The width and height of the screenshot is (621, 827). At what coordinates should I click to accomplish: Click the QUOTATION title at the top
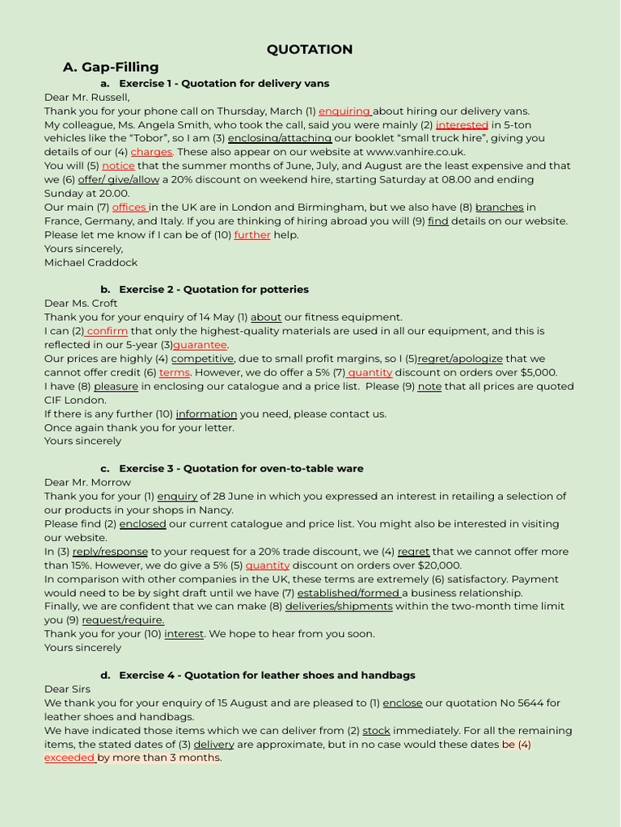point(310,49)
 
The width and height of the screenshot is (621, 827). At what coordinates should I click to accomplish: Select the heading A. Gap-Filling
point(111,67)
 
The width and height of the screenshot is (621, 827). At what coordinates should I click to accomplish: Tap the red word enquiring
point(344,111)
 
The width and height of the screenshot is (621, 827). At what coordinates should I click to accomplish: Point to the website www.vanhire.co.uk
point(416,152)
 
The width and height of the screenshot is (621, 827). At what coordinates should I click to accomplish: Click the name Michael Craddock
point(91,262)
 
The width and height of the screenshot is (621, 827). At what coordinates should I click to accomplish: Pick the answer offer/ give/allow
point(119,179)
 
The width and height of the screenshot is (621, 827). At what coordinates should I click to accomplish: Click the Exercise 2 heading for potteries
point(213,289)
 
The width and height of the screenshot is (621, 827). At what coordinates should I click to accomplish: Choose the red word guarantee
point(200,345)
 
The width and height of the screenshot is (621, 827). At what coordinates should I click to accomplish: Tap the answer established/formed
point(349,593)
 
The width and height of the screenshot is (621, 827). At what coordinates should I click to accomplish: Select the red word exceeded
point(70,758)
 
